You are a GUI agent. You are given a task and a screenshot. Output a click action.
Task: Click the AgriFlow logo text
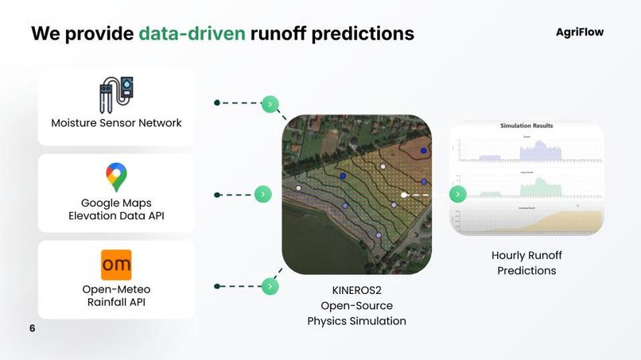[579, 32]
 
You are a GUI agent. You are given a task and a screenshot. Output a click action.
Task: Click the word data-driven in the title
[192, 33]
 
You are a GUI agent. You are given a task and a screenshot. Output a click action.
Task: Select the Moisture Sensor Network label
[116, 123]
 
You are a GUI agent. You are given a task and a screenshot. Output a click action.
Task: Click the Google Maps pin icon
[116, 176]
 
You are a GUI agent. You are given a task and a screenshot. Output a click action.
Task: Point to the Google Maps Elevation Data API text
[116, 209]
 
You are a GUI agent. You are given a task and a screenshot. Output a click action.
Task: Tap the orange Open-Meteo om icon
[116, 265]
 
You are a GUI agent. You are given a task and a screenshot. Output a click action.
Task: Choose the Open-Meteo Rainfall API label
[116, 296]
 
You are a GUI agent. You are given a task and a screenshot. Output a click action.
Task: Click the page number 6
[33, 328]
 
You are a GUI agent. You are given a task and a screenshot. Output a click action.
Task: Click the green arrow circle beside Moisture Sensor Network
[270, 103]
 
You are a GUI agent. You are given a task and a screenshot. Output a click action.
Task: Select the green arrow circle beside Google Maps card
[263, 194]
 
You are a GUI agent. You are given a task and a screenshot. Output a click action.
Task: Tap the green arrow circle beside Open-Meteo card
[270, 286]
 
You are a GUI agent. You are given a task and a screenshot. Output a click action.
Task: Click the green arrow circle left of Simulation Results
[457, 194]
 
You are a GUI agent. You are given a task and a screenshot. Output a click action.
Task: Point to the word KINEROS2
[356, 290]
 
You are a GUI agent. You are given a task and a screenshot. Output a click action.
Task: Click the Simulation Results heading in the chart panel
[526, 126]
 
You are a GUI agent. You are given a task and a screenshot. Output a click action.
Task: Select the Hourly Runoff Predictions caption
[526, 263]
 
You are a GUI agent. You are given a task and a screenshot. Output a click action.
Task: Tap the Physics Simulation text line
[356, 321]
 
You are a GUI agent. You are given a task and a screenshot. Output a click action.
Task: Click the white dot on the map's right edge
[404, 194]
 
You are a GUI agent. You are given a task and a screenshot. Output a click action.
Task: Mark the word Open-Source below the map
[356, 305]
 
